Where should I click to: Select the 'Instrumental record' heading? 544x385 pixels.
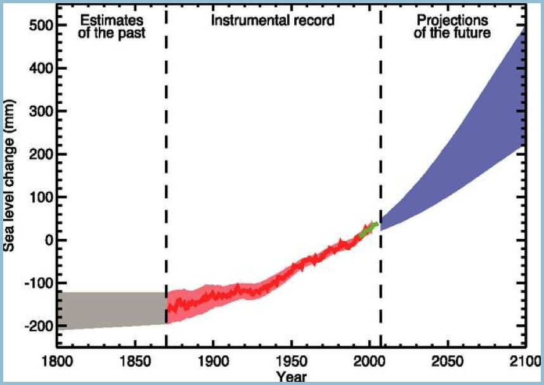(x=273, y=20)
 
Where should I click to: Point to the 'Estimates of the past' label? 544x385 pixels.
(x=111, y=27)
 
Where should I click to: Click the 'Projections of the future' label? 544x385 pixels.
(x=452, y=27)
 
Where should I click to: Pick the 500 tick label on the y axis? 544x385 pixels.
(x=38, y=25)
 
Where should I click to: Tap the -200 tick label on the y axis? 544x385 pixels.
(x=36, y=325)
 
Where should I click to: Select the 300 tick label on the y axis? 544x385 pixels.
(x=38, y=111)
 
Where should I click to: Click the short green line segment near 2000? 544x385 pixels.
(x=369, y=230)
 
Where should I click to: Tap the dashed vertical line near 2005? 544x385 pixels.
(x=381, y=158)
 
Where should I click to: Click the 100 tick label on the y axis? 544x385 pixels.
(x=38, y=197)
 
